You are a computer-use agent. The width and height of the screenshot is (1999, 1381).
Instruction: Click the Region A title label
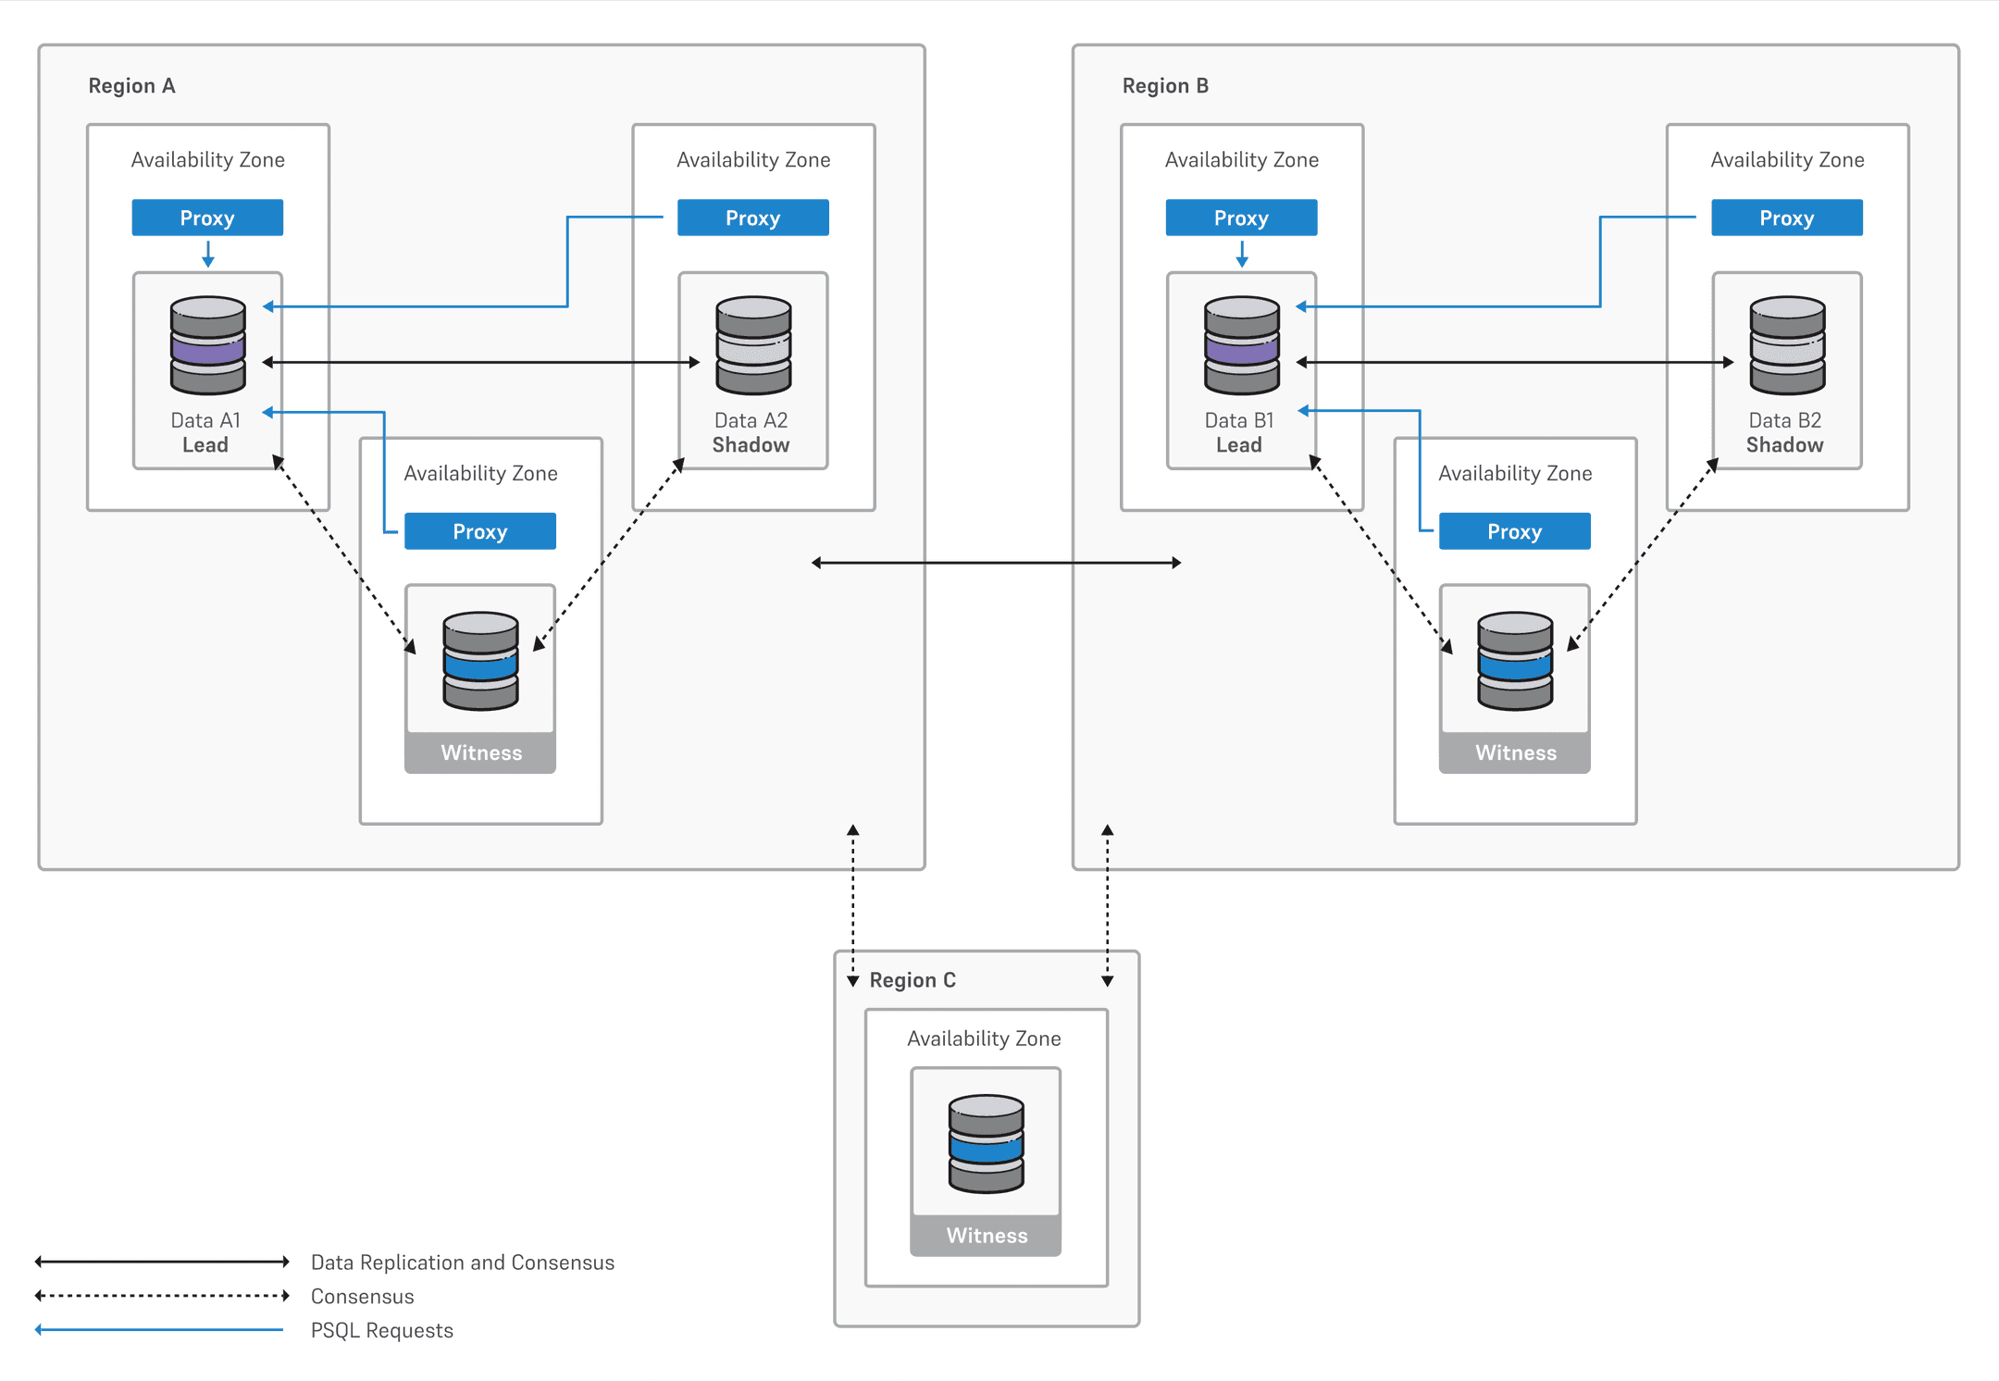click(x=131, y=86)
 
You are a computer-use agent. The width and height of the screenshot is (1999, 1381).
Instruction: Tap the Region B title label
click(x=1165, y=86)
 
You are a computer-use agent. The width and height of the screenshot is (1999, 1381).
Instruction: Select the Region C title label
click(x=913, y=980)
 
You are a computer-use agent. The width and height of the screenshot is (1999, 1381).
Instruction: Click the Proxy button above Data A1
click(x=207, y=218)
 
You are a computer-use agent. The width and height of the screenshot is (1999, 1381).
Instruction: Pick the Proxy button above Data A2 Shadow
click(x=752, y=218)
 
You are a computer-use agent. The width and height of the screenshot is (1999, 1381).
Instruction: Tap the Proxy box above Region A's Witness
click(x=479, y=531)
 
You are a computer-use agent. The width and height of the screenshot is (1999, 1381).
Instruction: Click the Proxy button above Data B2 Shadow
click(x=1786, y=218)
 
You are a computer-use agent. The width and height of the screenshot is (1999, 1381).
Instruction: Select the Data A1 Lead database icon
click(x=208, y=345)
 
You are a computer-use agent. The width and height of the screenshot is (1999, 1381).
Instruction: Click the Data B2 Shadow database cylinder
click(x=1787, y=345)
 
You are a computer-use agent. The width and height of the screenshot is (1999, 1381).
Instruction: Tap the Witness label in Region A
click(x=481, y=753)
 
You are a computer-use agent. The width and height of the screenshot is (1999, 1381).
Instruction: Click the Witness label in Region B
click(x=1515, y=753)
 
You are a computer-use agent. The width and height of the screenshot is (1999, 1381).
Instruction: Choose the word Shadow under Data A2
click(x=751, y=445)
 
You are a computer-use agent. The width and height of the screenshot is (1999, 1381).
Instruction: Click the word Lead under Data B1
click(x=1238, y=445)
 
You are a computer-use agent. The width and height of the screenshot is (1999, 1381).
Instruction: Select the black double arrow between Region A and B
click(x=996, y=563)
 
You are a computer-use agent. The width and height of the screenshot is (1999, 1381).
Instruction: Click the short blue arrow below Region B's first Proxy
click(x=1242, y=254)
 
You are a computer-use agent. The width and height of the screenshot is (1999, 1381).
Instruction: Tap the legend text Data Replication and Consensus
click(x=462, y=1263)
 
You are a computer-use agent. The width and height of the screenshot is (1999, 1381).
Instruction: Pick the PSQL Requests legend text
click(x=381, y=1330)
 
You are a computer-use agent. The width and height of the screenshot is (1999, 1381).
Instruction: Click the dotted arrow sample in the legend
click(x=162, y=1296)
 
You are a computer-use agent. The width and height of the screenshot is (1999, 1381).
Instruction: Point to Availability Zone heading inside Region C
click(x=984, y=1039)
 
